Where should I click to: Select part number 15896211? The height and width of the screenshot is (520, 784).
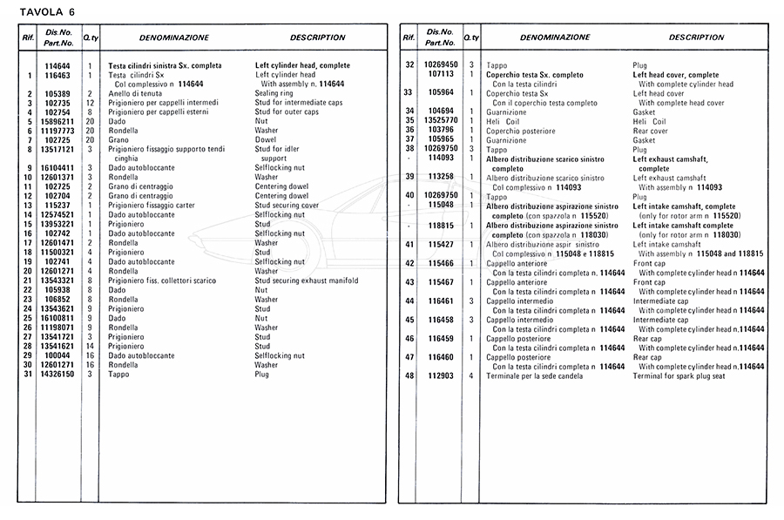pos(57,121)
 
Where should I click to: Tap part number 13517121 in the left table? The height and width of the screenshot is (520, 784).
pos(57,150)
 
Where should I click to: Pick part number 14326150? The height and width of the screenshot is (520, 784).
pos(57,375)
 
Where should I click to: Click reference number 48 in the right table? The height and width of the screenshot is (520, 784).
pos(409,375)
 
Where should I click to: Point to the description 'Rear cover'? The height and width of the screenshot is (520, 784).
pos(652,131)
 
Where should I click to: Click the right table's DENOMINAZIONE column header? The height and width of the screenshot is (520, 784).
pos(555,37)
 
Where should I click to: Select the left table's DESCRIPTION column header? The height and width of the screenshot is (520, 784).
pos(317,37)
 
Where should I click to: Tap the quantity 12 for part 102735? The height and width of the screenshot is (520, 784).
pos(89,103)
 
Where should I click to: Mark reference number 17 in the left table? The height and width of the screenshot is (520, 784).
pos(28,243)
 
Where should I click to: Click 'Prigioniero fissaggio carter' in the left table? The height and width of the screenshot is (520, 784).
pos(155,206)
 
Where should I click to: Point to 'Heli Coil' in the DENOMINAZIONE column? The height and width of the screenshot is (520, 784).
pos(505,121)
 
